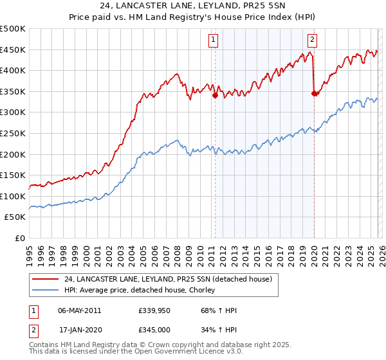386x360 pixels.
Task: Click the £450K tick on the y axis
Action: [13, 50]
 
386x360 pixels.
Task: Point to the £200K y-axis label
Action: [13, 154]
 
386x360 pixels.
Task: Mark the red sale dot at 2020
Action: [314, 94]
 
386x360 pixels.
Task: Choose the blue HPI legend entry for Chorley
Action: [142, 291]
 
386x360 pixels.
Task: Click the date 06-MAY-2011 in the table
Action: [79, 310]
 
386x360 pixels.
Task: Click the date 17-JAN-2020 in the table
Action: [79, 329]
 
